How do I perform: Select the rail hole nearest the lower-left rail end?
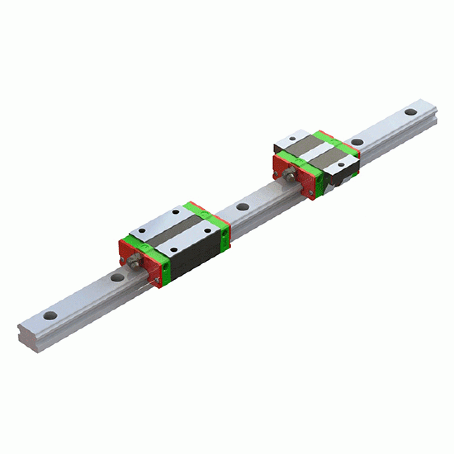point(50,315)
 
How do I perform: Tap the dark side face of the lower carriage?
point(194,258)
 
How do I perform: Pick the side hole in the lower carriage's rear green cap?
point(225,233)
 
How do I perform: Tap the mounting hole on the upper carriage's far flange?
point(293,139)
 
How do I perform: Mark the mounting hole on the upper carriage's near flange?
point(340,165)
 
